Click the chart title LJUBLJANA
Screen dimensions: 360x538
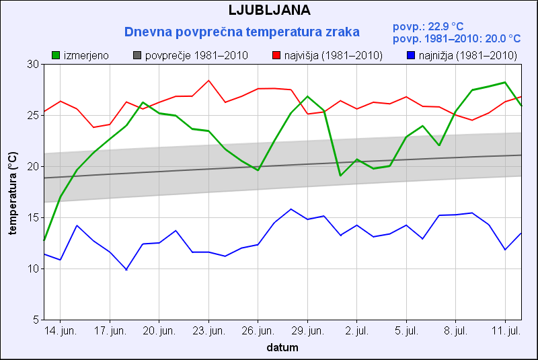click(x=269, y=10)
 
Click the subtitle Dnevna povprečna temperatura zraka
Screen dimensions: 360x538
click(x=242, y=32)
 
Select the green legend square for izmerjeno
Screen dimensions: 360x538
click(x=56, y=55)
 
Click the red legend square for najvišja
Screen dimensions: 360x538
click(x=276, y=55)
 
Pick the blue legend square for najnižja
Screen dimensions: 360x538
click(x=412, y=55)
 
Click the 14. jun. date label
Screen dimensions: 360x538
click(x=61, y=331)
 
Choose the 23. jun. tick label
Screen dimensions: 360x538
click(x=208, y=331)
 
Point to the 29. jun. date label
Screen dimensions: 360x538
click(x=307, y=331)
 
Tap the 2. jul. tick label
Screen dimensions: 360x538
click(x=357, y=331)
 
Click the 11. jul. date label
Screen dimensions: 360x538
click(x=505, y=331)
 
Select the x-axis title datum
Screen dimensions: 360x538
click(x=282, y=348)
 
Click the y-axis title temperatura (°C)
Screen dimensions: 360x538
click(x=12, y=192)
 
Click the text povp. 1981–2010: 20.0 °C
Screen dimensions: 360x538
click(x=457, y=39)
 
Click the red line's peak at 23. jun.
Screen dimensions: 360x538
click(x=208, y=80)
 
